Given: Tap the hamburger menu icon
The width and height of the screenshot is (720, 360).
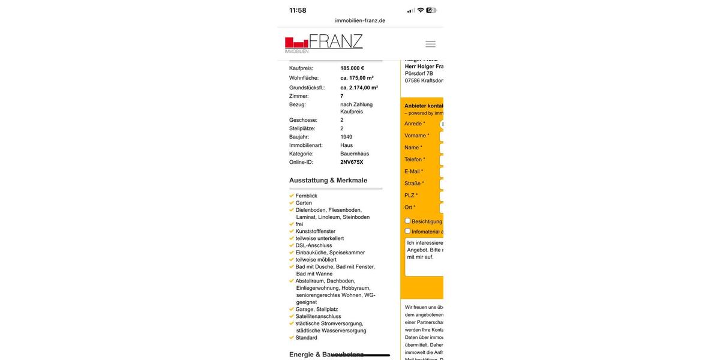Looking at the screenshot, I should pyautogui.click(x=430, y=44).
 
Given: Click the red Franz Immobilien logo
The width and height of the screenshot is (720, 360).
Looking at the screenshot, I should pyautogui.click(x=323, y=43).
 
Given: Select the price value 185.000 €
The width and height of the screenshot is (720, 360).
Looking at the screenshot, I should pyautogui.click(x=352, y=68).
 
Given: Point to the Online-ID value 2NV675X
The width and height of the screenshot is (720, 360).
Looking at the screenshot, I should pyautogui.click(x=352, y=162).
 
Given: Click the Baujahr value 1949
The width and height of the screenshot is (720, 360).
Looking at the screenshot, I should pyautogui.click(x=346, y=137).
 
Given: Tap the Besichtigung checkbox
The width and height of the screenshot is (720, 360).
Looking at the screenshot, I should pyautogui.click(x=408, y=221).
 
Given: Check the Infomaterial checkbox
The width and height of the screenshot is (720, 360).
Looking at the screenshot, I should pyautogui.click(x=408, y=231).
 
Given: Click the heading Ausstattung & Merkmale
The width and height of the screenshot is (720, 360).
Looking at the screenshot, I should pyautogui.click(x=328, y=180).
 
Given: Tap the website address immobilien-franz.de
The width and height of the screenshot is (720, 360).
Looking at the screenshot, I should pyautogui.click(x=360, y=20).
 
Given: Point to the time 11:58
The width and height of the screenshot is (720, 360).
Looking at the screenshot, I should pyautogui.click(x=298, y=10).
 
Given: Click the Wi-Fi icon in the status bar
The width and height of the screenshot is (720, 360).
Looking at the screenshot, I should pyautogui.click(x=421, y=10).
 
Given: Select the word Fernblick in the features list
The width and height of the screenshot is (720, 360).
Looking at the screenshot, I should pyautogui.click(x=306, y=196).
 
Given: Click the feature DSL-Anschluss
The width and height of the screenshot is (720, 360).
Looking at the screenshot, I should pyautogui.click(x=313, y=245).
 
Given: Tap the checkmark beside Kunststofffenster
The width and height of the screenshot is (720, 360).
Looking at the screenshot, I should pyautogui.click(x=292, y=231).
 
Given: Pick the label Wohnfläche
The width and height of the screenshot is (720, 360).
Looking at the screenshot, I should pyautogui.click(x=304, y=78).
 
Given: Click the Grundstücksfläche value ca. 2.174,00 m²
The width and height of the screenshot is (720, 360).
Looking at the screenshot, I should pyautogui.click(x=359, y=88).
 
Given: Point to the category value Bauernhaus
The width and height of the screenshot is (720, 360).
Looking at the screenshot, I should pyautogui.click(x=355, y=154).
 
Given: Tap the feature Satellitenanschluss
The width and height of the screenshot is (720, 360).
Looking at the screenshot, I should pyautogui.click(x=318, y=316).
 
